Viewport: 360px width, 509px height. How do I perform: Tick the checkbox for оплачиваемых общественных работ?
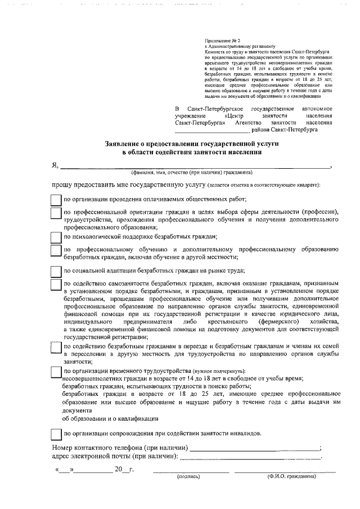[x=55, y=200]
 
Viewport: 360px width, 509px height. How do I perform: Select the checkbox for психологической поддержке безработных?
[x=55, y=237]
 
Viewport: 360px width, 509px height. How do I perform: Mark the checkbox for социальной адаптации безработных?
[x=55, y=271]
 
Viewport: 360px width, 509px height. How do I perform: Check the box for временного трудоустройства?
[x=55, y=372]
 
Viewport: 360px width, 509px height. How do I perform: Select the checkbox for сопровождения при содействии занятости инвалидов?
[x=55, y=434]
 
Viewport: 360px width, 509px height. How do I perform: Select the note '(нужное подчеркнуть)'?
[x=219, y=372]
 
